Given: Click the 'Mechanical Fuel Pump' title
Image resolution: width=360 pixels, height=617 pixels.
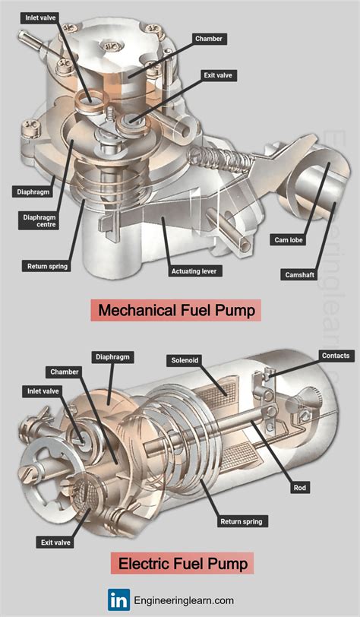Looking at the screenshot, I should click(176, 311).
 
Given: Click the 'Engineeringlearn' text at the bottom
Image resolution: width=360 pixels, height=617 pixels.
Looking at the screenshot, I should click(190, 599).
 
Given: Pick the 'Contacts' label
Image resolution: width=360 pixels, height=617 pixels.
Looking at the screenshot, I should click(336, 356).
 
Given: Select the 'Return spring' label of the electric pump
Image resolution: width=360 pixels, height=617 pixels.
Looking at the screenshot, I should click(241, 522).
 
